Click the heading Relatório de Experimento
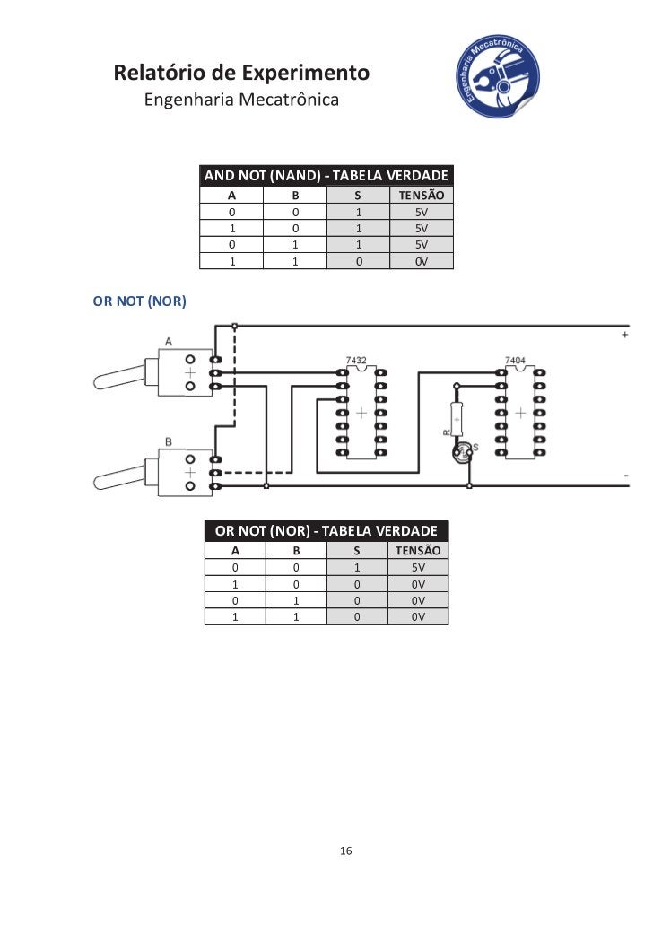coord(241,72)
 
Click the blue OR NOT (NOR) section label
coord(139,301)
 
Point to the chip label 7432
coord(356,360)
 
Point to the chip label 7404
coord(515,360)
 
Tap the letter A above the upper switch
coord(168,341)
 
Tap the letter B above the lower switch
coord(168,441)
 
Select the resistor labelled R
coord(457,418)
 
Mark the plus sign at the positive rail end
coord(624,335)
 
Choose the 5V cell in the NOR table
coord(418,568)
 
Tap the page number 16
coord(345,851)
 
